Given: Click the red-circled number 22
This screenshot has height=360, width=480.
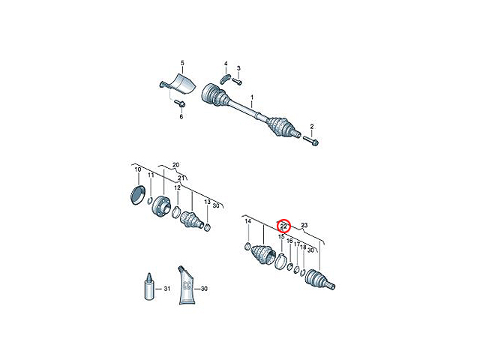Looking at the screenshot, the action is pyautogui.click(x=283, y=226).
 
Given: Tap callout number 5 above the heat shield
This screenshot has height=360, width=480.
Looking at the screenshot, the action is pyautogui.click(x=182, y=63).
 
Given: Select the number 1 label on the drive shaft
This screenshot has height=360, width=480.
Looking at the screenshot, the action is pyautogui.click(x=252, y=97).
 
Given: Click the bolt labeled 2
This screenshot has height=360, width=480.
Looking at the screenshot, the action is pyautogui.click(x=311, y=141).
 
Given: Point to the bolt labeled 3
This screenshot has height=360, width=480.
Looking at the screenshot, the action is pyautogui.click(x=237, y=81).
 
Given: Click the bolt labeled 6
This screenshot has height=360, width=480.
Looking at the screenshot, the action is pyautogui.click(x=180, y=103).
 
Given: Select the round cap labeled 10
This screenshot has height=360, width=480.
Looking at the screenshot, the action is pyautogui.click(x=137, y=195).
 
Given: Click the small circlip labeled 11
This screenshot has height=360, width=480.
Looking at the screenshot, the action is pyautogui.click(x=150, y=201).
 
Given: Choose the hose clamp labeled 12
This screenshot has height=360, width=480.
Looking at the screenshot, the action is pyautogui.click(x=176, y=212).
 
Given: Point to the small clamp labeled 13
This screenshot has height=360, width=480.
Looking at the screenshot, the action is pyautogui.click(x=207, y=227).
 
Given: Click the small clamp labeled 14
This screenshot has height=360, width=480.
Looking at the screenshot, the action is pyautogui.click(x=248, y=246).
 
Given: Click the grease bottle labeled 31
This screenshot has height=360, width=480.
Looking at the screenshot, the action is pyautogui.click(x=149, y=286).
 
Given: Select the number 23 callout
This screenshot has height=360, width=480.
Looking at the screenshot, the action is pyautogui.click(x=304, y=225).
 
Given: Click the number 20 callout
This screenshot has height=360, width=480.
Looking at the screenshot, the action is pyautogui.click(x=175, y=165).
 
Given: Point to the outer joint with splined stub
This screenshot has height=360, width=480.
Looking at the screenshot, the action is pyautogui.click(x=320, y=279).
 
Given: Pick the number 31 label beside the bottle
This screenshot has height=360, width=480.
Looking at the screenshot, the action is pyautogui.click(x=166, y=289).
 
